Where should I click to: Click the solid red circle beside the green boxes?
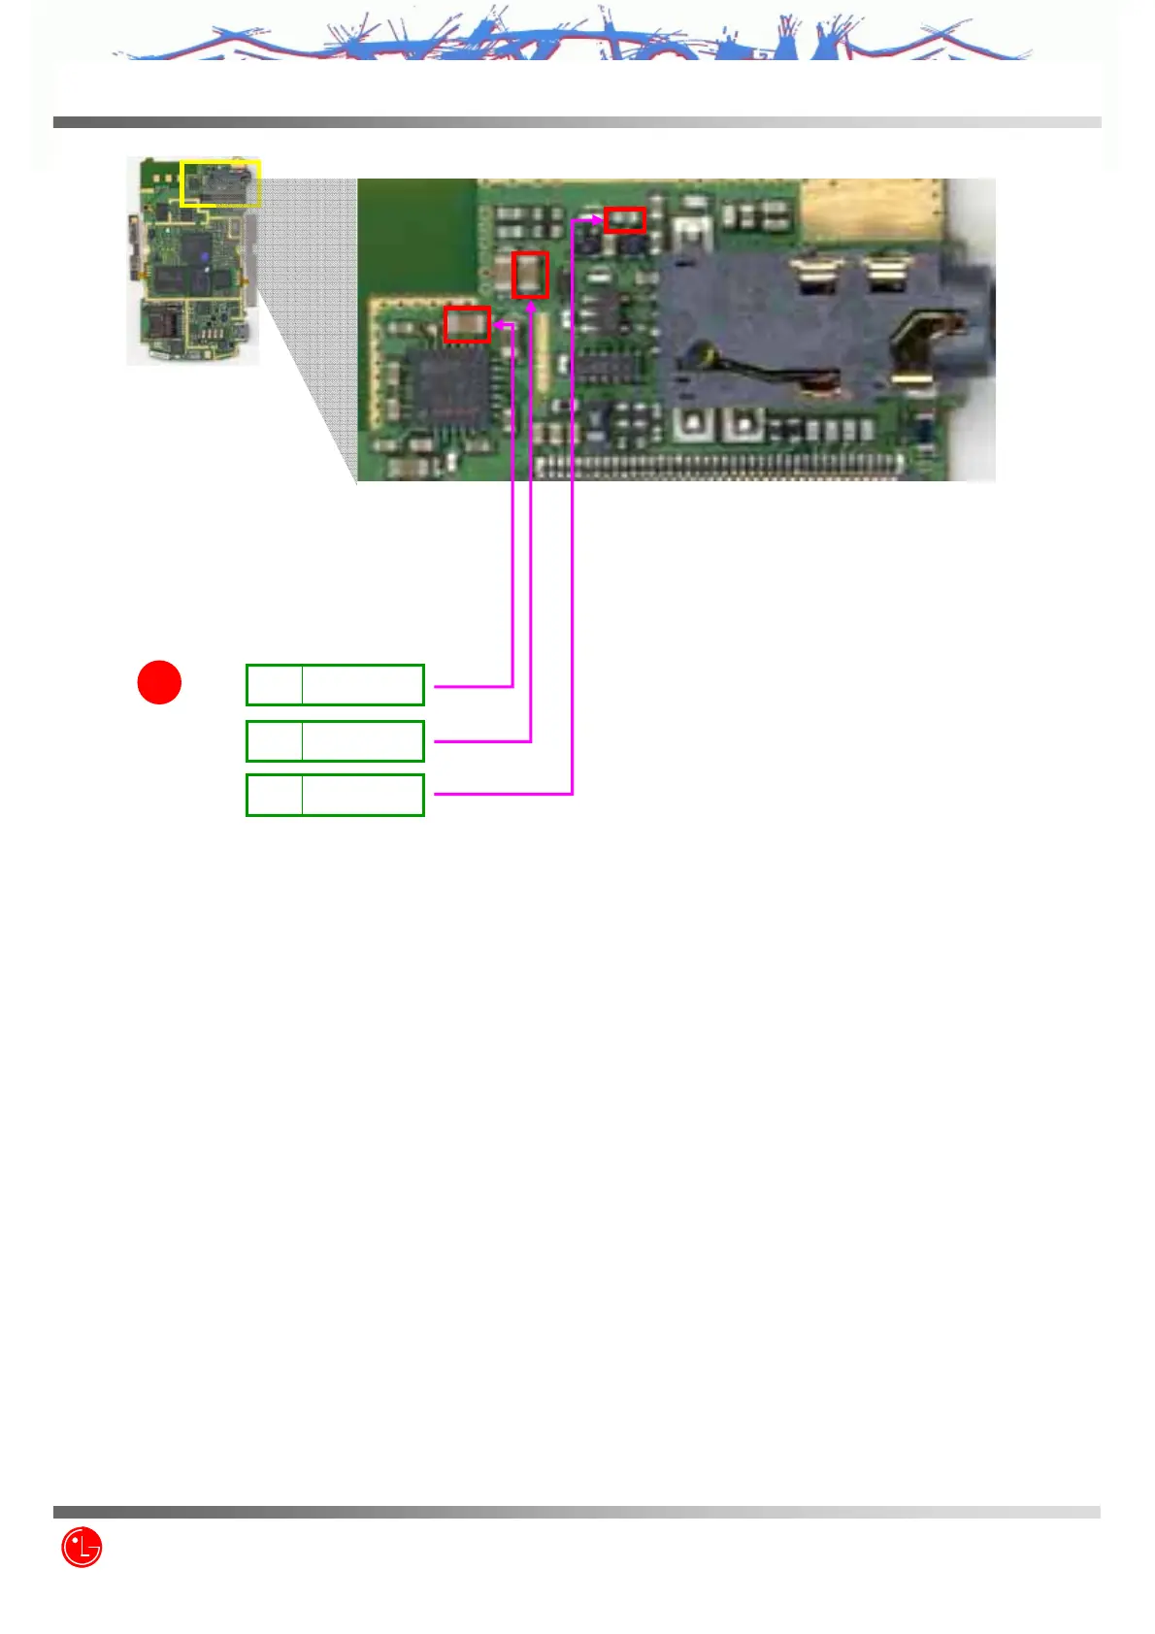pos(159,682)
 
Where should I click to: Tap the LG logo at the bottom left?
pos(82,1548)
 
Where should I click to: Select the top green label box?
pos(335,685)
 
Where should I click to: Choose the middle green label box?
pos(335,741)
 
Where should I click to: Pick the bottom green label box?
pos(335,795)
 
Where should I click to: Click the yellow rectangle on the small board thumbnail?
pos(221,183)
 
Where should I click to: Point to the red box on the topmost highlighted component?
pos(624,220)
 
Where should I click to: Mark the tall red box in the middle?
pos(530,275)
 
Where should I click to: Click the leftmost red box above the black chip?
pos(467,324)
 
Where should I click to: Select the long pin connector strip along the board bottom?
pos(718,466)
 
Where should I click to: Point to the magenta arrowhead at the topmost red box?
pos(597,220)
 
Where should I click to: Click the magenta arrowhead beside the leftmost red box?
pos(498,325)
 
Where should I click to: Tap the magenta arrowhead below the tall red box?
pos(531,307)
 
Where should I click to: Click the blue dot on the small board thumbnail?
pos(205,256)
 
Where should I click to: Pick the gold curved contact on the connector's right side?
pos(922,349)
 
